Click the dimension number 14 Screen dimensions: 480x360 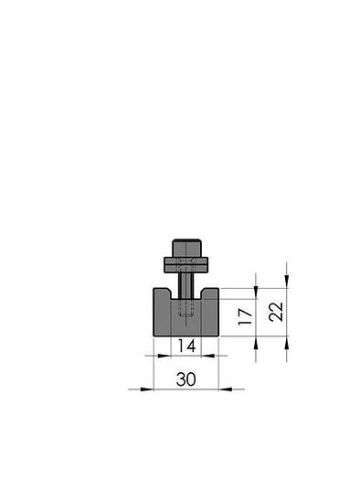pos(186,346)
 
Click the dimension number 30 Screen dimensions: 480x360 pos(186,377)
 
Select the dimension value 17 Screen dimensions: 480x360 pos(244,317)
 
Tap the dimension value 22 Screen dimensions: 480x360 pos(277,312)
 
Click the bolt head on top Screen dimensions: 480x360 pos(186,248)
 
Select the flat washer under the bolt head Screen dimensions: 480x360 pos(186,265)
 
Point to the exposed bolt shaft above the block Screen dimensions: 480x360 pos(186,283)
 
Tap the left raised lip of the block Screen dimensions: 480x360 pos(161,294)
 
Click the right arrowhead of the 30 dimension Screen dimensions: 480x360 pos(226,389)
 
